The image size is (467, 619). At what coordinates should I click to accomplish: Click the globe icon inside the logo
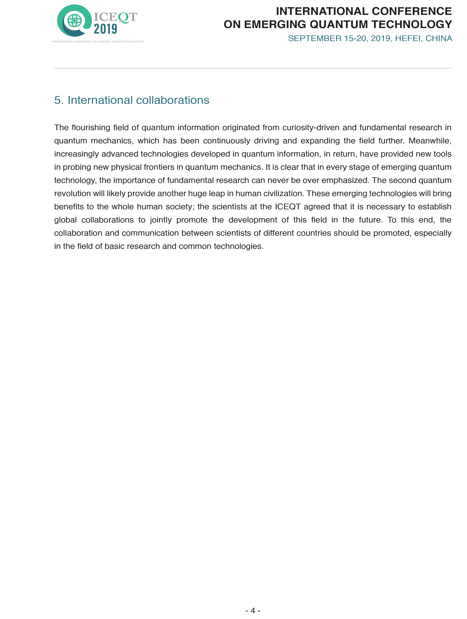(x=74, y=20)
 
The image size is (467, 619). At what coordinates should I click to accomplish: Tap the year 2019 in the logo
(x=105, y=29)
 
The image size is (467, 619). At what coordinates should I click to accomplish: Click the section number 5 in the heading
(x=57, y=100)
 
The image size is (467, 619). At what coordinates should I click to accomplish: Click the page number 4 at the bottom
(x=253, y=610)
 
